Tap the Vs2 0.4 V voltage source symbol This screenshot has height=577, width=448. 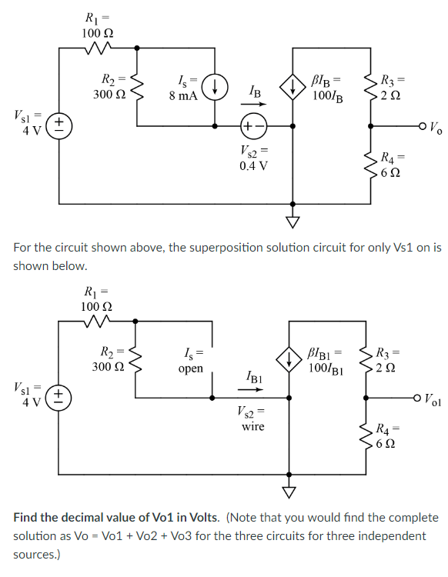pyautogui.click(x=253, y=125)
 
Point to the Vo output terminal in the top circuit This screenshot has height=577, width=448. pyautogui.click(x=422, y=125)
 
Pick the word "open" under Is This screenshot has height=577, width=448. pyautogui.click(x=190, y=369)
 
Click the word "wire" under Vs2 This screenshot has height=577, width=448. pyautogui.click(x=252, y=425)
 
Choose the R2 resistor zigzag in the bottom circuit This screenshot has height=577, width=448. pyautogui.click(x=136, y=358)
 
